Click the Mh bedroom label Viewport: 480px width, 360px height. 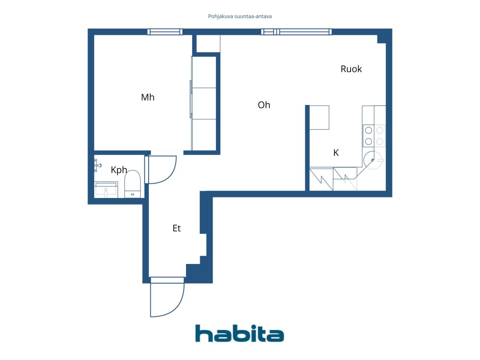coord(148,97)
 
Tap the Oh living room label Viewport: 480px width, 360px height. coord(264,105)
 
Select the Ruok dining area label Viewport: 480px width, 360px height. coord(351,69)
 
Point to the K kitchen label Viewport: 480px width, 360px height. coord(336,153)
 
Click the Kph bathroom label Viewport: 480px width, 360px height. coord(119,170)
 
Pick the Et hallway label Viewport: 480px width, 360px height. coord(177,228)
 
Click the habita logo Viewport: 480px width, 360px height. coord(240,333)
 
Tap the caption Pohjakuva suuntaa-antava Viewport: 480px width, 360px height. coord(240,16)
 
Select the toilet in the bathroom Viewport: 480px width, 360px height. coord(132,184)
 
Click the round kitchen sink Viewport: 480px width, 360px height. coord(373,160)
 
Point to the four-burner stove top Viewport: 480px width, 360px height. coord(374,136)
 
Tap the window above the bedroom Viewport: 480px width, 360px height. coord(165,32)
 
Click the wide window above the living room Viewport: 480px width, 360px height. coord(296,32)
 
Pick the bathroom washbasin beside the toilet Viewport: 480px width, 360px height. coord(106,190)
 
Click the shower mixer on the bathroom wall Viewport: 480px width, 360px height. coord(97,165)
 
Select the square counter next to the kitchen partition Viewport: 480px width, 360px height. coord(319,118)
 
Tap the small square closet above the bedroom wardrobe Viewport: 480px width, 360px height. coord(208,43)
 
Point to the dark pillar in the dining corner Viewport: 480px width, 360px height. coord(382,39)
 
